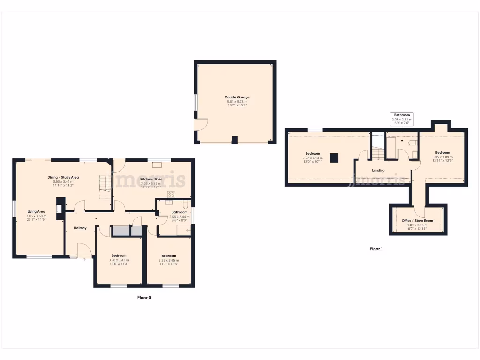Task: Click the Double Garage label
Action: pos(237,97)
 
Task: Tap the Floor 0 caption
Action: pos(144,297)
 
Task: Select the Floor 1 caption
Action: pos(376,249)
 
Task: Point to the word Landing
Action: pos(378,170)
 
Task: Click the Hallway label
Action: pos(80,228)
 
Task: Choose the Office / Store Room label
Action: pos(417,220)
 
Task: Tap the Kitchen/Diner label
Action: pos(150,179)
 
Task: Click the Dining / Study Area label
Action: pos(63,177)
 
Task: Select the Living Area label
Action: pos(36,211)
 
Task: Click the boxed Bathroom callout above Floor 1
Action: pos(402,117)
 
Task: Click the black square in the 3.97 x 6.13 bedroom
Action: pos(334,158)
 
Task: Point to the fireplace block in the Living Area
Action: pos(60,209)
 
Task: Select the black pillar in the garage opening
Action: pos(235,139)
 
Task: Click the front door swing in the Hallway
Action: pos(84,249)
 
